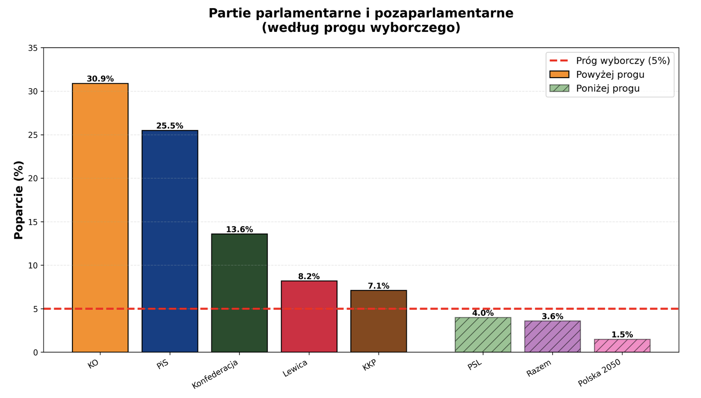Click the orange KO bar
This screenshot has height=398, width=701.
pos(100,218)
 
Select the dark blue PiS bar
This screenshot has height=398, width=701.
pos(170,241)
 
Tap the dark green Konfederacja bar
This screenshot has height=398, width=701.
pos(239,293)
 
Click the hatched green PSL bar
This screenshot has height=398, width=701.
pos(483,335)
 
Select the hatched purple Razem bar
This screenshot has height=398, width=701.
pos(552,337)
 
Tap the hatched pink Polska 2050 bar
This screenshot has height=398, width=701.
pos(622,346)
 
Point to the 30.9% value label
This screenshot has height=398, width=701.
pos(100,79)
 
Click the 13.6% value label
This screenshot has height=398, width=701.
pos(239,229)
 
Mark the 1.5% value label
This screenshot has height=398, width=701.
pos(622,335)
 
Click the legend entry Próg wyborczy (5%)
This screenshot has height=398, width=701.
pos(622,61)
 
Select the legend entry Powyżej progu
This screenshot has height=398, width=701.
pos(610,75)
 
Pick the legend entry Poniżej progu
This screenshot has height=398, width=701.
pos(607,89)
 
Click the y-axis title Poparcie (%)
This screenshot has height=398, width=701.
pos(19,200)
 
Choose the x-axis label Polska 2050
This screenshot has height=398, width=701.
pos(599,373)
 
